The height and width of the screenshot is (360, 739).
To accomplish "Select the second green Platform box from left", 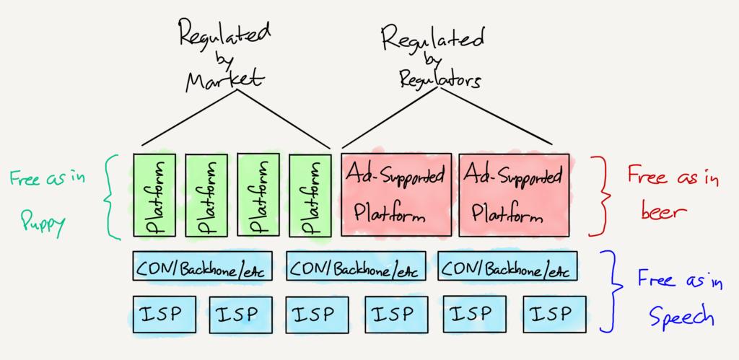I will (206, 196).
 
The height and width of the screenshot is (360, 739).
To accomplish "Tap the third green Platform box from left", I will (258, 196).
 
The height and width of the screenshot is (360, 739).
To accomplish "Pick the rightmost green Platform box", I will (310, 196).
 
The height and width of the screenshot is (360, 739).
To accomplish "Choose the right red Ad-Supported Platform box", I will (514, 194).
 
